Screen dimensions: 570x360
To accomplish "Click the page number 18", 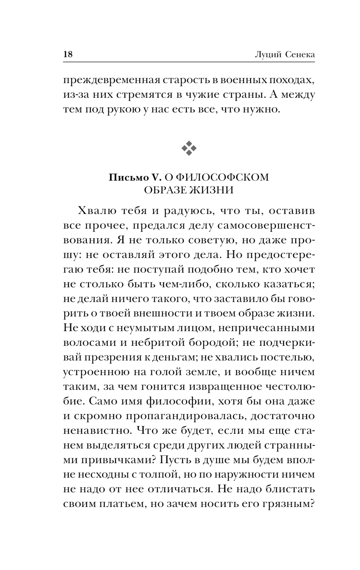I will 68,54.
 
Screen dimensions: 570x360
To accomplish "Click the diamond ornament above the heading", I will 189,148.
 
